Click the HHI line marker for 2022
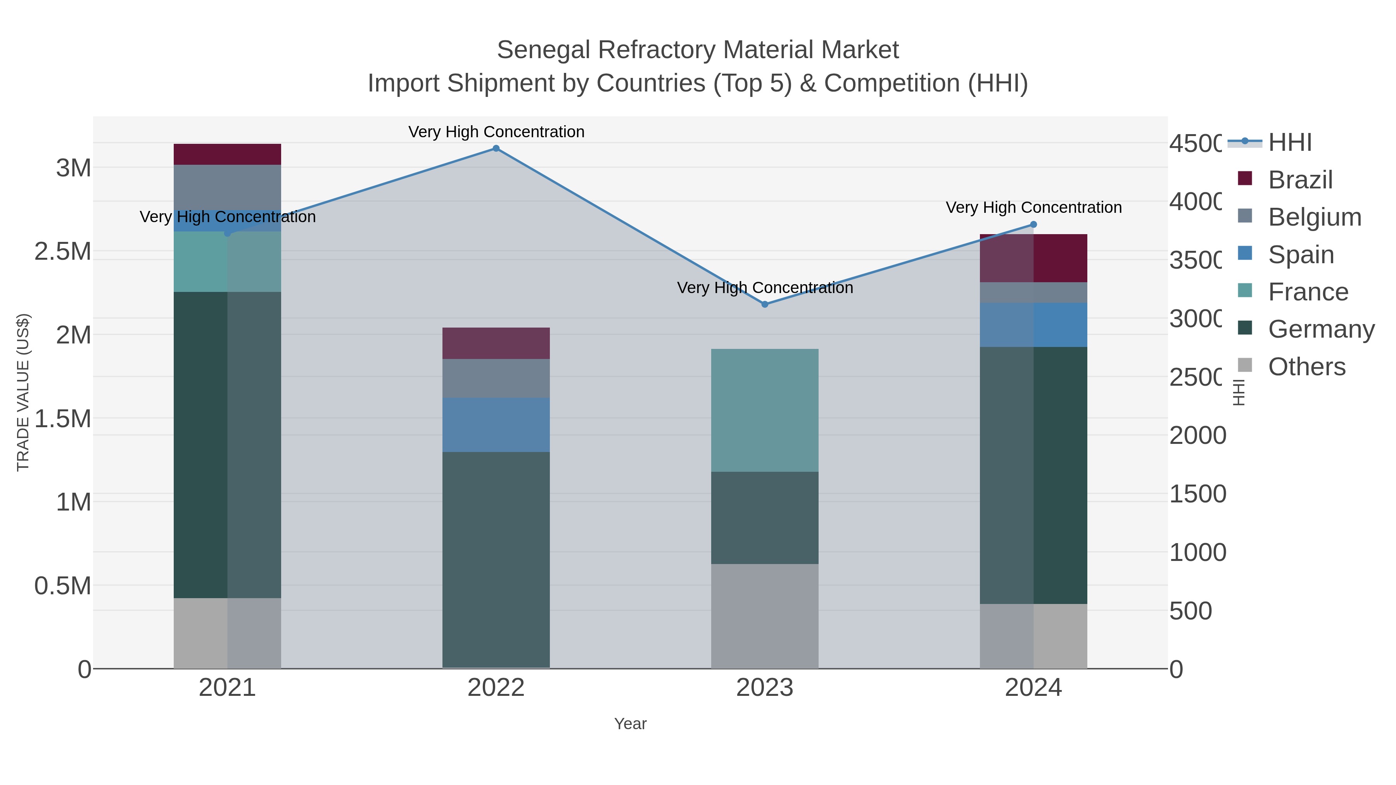pyautogui.click(x=496, y=148)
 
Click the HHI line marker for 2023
pyautogui.click(x=765, y=304)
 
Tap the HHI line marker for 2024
pyautogui.click(x=1033, y=224)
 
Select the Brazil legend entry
pyautogui.click(x=1299, y=180)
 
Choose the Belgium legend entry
pyautogui.click(x=1314, y=217)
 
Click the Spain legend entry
pyautogui.click(x=1301, y=255)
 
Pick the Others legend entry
pyautogui.click(x=1306, y=367)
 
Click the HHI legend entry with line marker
pyautogui.click(x=1290, y=143)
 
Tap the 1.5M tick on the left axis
pyautogui.click(x=62, y=419)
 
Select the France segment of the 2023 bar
pyautogui.click(x=765, y=410)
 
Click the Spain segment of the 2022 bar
pyautogui.click(x=496, y=425)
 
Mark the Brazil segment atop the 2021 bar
pyautogui.click(x=227, y=154)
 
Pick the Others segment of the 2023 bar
pyautogui.click(x=765, y=616)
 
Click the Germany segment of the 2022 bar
pyautogui.click(x=496, y=560)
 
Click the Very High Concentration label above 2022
pyautogui.click(x=496, y=132)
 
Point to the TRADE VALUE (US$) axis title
pyautogui.click(x=23, y=392)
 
